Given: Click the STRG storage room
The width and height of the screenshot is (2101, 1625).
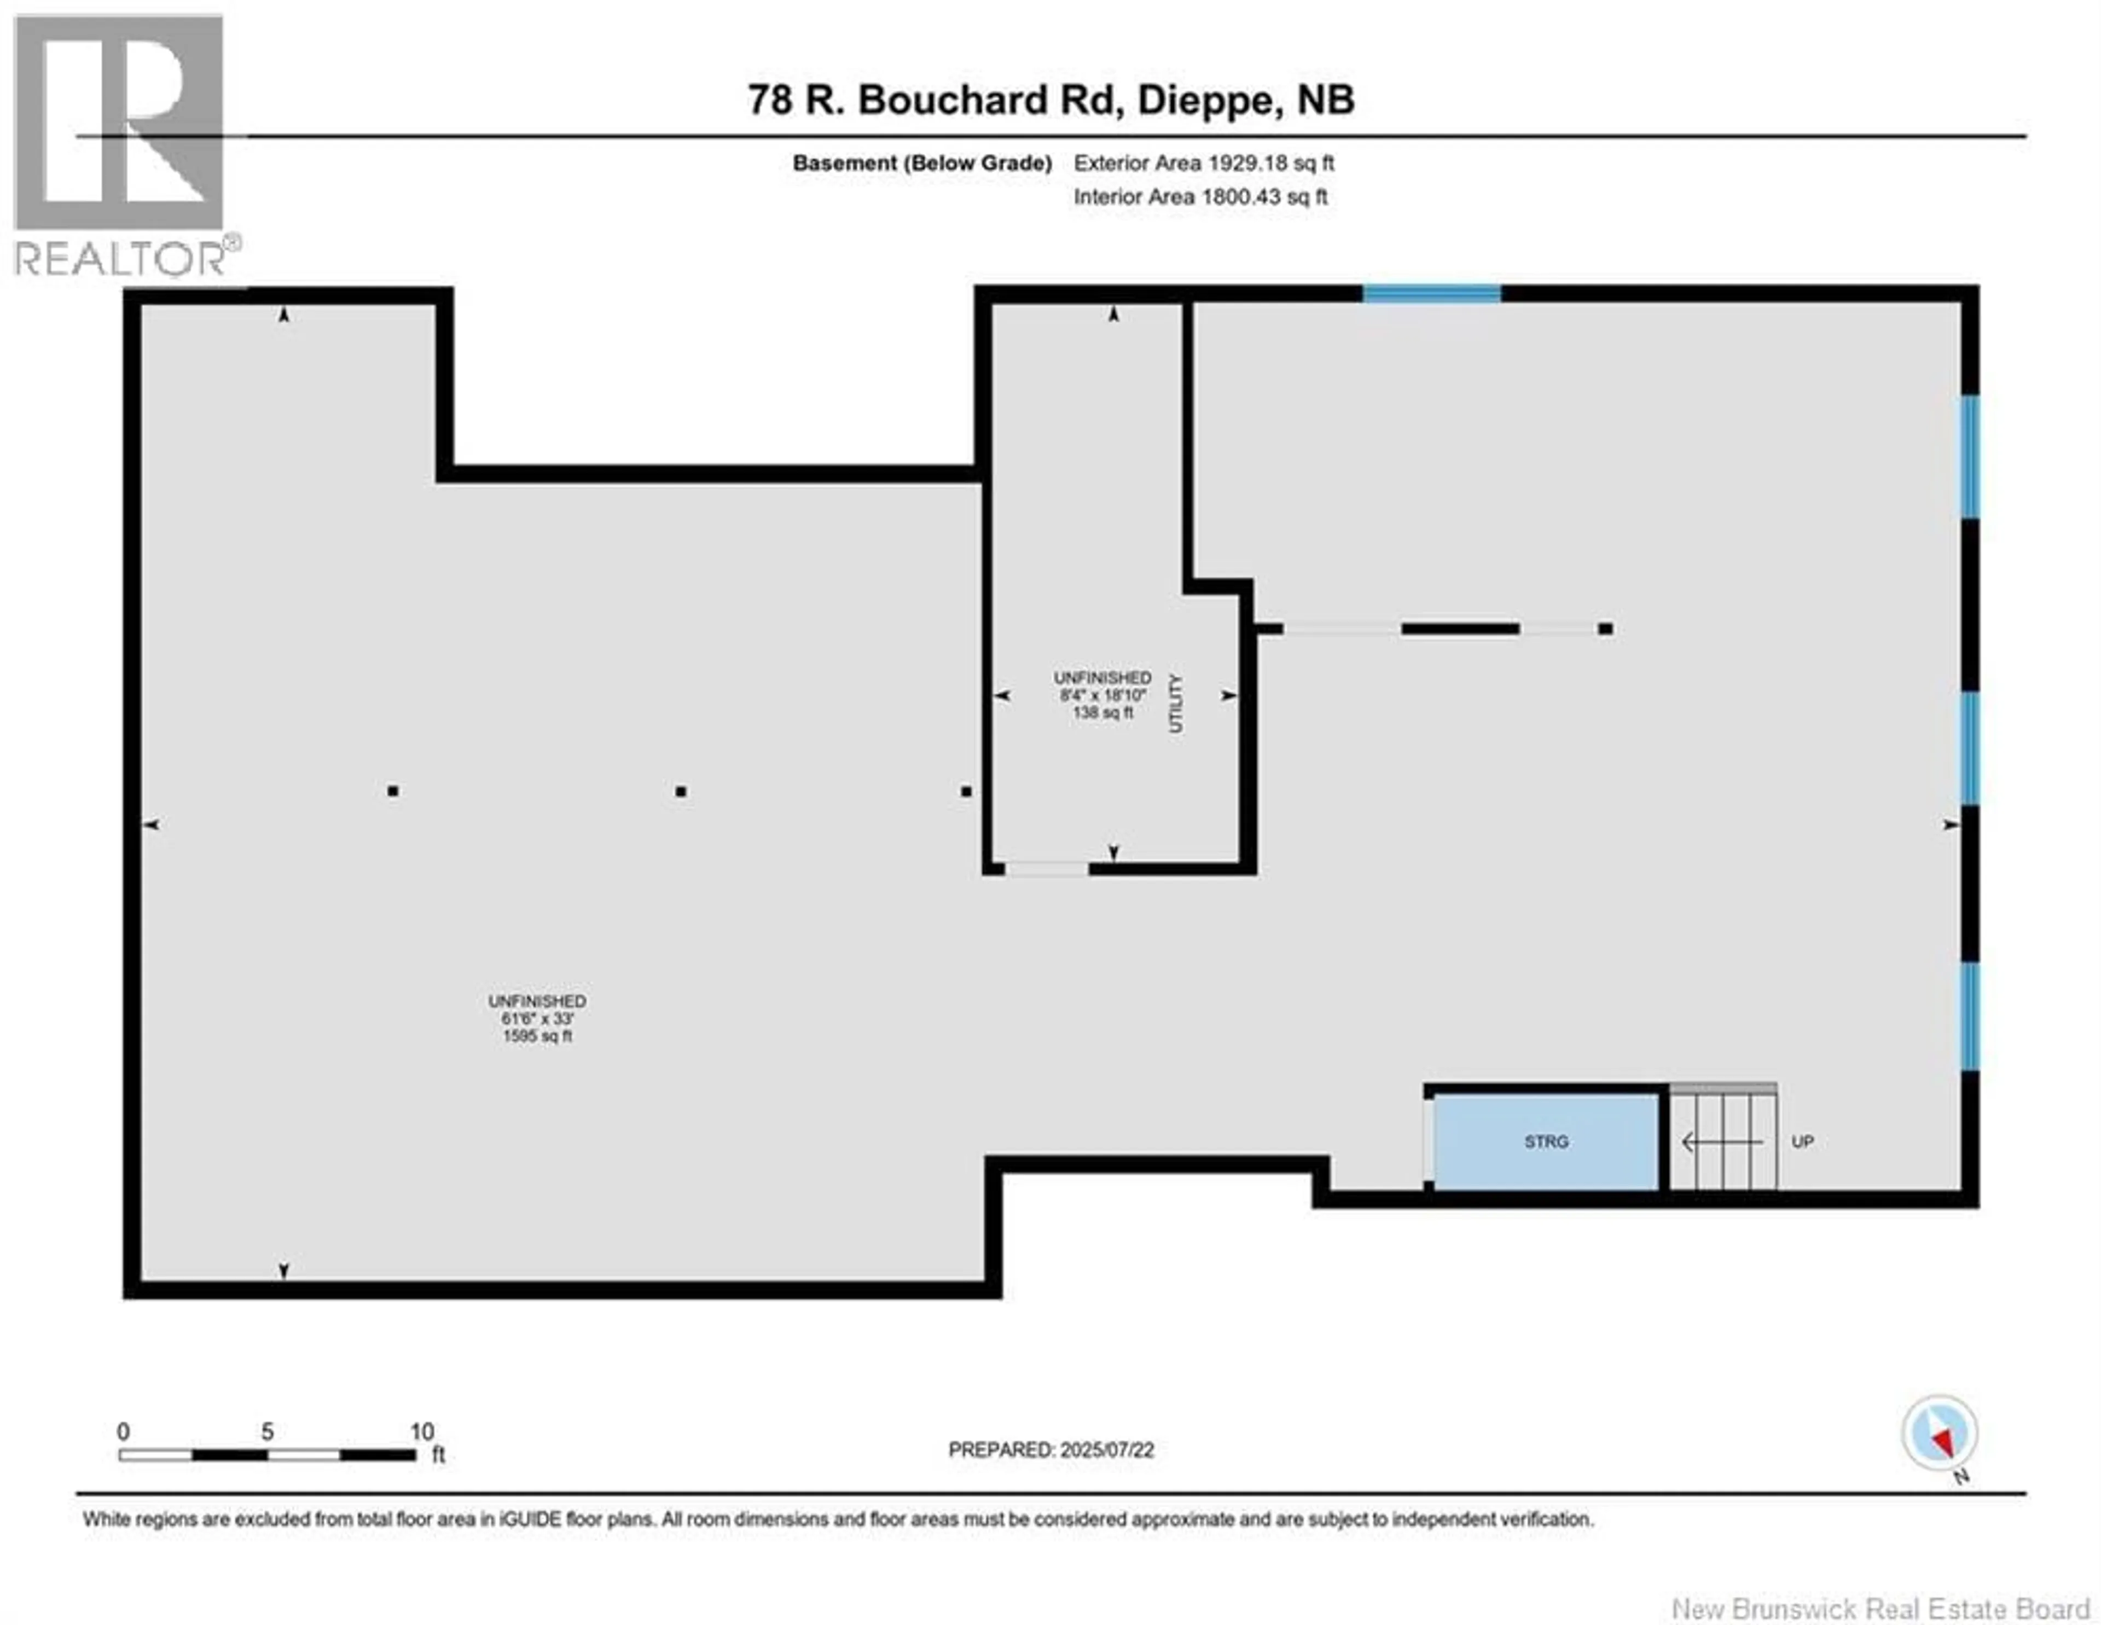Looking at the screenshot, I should [x=1545, y=1142].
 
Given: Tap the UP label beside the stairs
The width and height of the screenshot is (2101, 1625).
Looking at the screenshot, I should [x=1802, y=1142].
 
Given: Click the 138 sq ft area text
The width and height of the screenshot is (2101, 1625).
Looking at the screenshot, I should [x=1102, y=713].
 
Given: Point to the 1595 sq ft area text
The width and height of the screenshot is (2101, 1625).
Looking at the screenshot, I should [x=537, y=1036].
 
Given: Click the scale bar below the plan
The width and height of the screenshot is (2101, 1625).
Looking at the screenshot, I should [x=268, y=1455].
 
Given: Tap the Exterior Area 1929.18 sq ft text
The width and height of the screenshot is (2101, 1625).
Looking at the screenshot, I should [x=1204, y=164].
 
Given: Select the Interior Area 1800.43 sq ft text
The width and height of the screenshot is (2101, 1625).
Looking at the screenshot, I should [x=1200, y=197].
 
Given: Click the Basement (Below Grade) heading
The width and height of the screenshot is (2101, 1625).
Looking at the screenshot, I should [x=921, y=164].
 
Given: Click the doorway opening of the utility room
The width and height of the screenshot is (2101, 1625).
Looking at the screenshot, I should [x=1047, y=869].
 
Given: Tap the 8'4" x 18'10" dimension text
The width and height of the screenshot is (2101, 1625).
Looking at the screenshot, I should [x=1102, y=695].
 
